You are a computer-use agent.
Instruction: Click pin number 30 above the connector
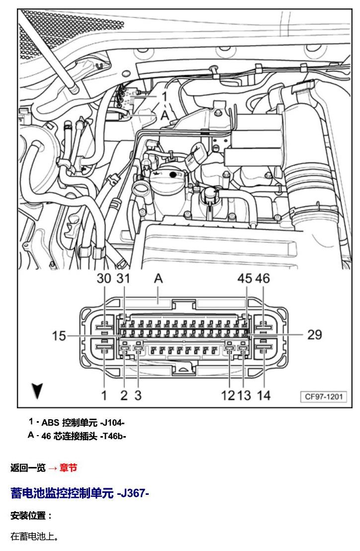tap(104, 278)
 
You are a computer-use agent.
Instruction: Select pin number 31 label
tap(123, 278)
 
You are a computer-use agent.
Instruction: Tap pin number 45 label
tap(245, 278)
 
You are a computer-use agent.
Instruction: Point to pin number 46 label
tap(263, 278)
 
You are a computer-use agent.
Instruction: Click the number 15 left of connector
tap(59, 336)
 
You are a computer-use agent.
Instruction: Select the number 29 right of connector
tap(315, 335)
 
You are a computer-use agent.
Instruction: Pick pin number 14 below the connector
tap(264, 395)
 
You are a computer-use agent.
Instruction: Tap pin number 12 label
tap(228, 395)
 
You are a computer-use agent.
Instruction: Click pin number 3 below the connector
tap(138, 395)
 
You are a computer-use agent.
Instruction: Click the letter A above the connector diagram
tap(159, 278)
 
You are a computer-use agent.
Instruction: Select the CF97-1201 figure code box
tap(324, 397)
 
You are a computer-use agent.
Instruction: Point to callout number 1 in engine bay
tap(165, 96)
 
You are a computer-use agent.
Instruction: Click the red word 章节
tap(68, 468)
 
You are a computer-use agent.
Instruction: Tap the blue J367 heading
tap(80, 493)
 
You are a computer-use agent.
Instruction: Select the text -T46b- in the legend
tap(113, 436)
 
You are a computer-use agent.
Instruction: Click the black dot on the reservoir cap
tap(173, 174)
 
